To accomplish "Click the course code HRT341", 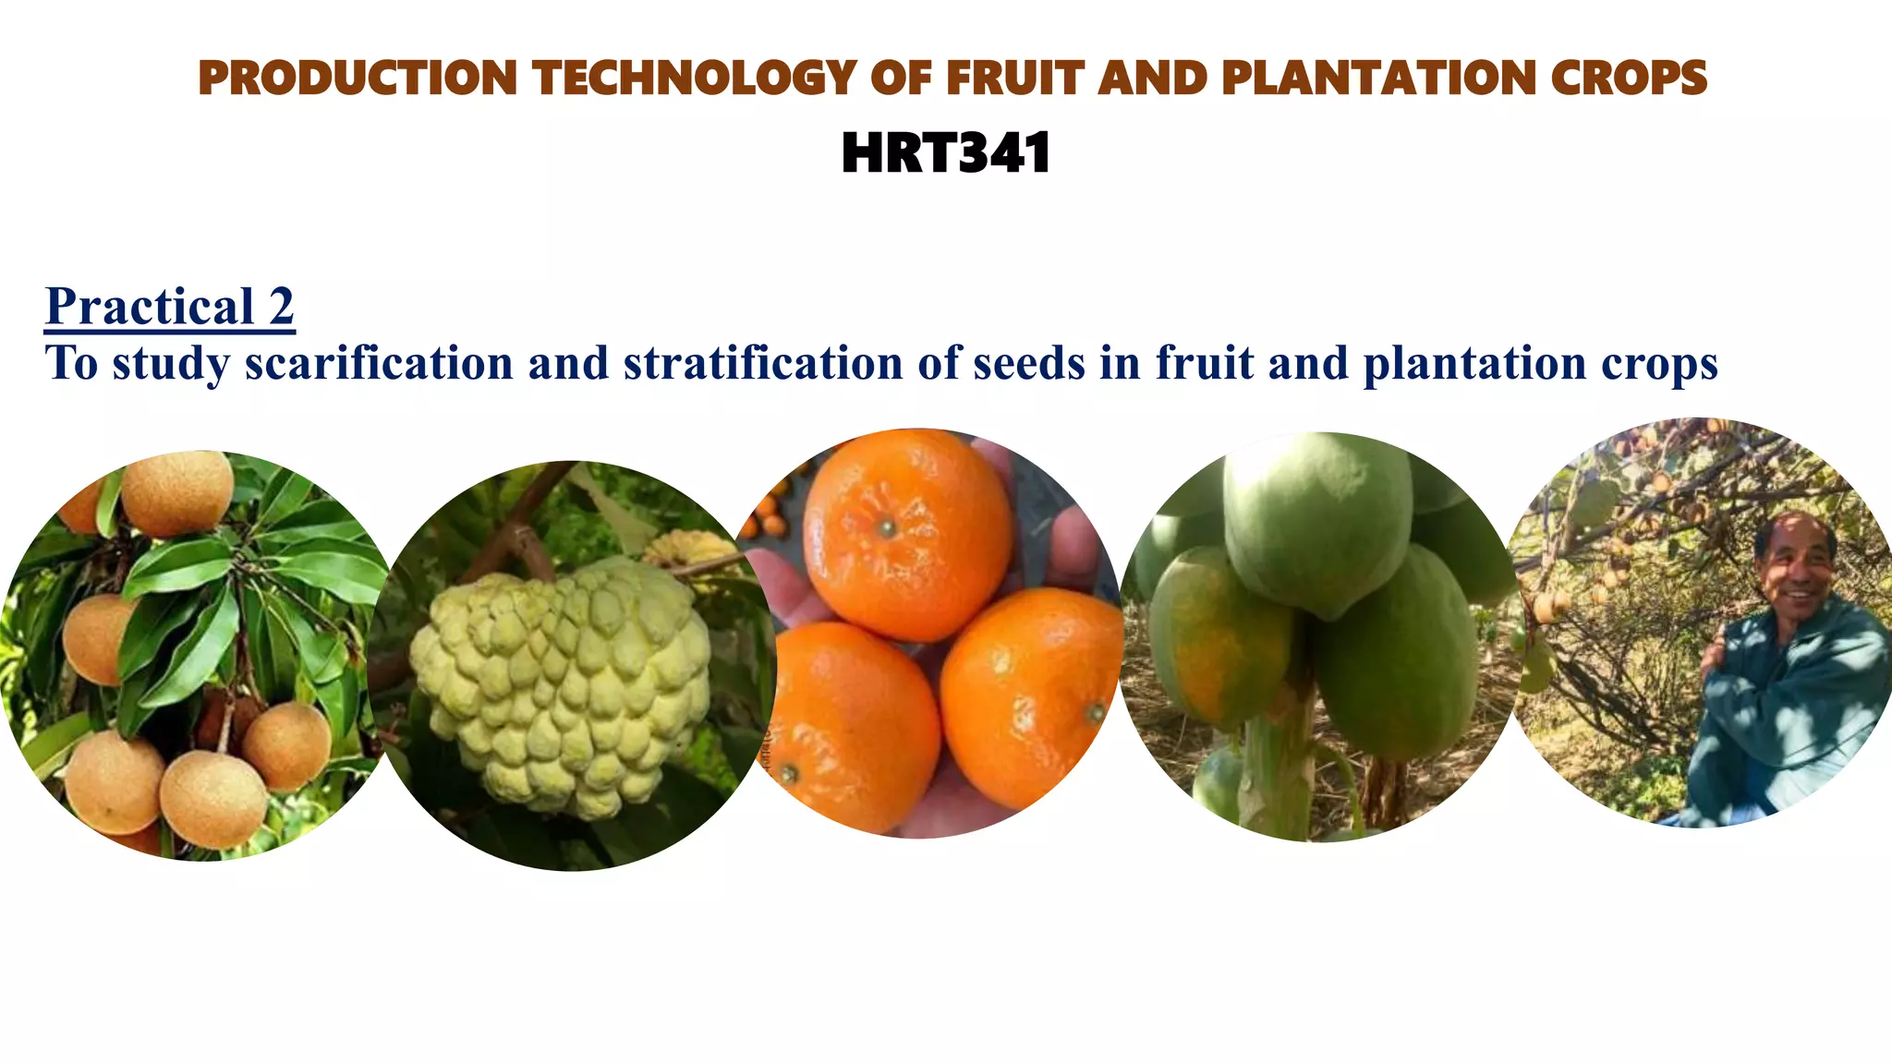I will [x=946, y=153].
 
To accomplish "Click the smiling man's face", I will [x=1797, y=563].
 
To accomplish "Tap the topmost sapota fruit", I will [x=177, y=493].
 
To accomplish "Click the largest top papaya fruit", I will [x=1316, y=522].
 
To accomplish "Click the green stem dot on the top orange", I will [x=886, y=528].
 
